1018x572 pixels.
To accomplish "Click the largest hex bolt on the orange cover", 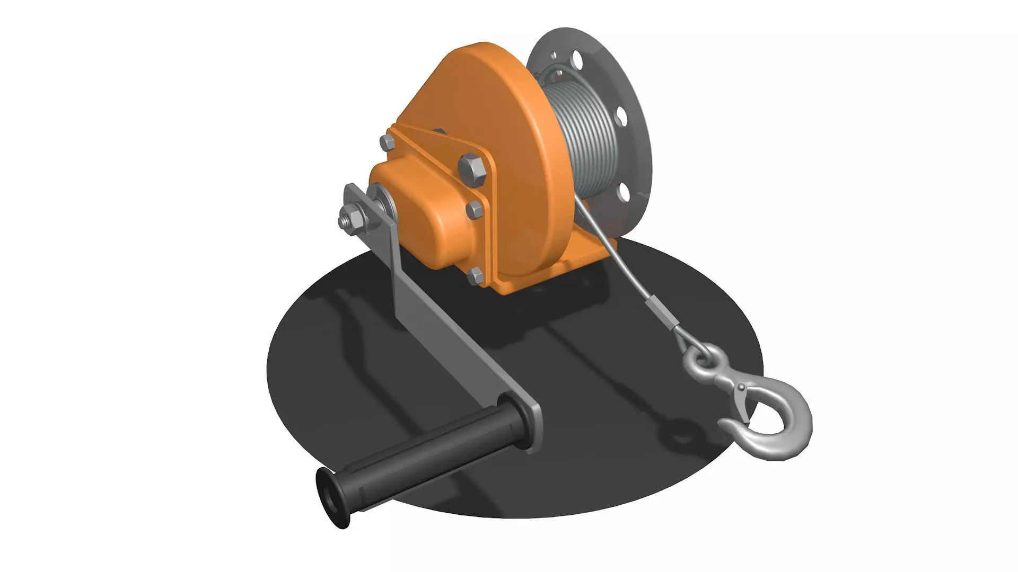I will pos(471,167).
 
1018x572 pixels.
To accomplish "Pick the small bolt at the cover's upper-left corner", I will pos(387,142).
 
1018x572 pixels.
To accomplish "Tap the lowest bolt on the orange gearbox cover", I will pos(476,275).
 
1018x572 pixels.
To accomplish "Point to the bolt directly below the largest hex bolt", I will pos(475,209).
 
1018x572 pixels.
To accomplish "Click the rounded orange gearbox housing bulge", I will pos(424,212).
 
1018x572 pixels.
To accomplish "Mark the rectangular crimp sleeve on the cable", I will pos(661,313).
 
